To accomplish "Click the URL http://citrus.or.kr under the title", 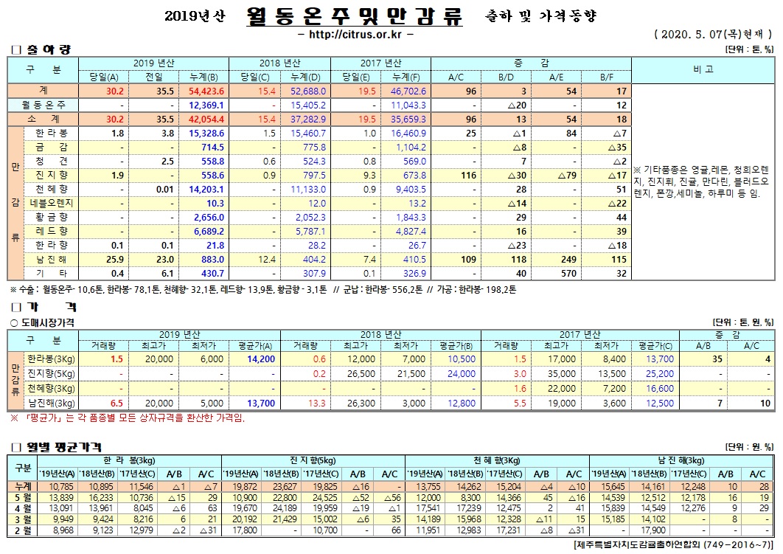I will point(358,34).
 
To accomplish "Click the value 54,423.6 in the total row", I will point(206,91).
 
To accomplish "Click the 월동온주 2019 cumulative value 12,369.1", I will point(207,105).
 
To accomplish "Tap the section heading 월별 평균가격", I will point(59,447).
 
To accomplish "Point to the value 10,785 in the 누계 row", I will point(60,486).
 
